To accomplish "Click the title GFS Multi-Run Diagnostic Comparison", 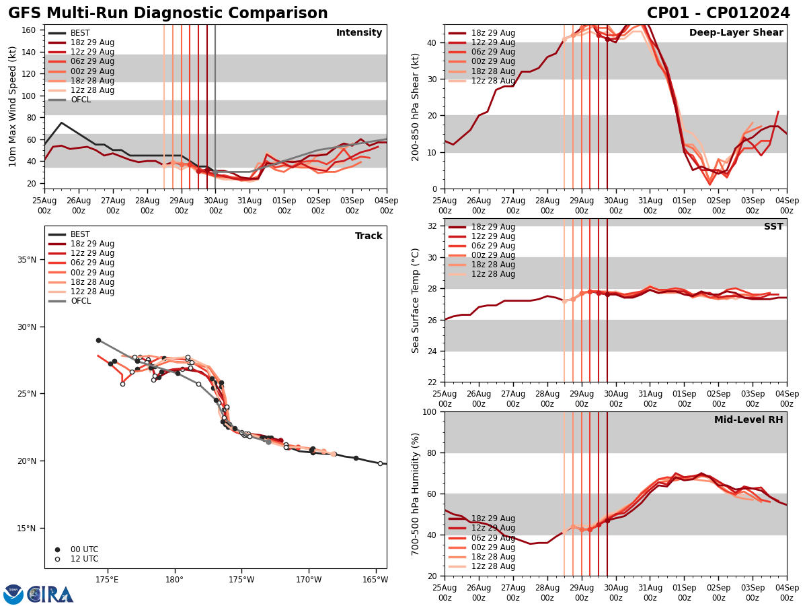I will [168, 13].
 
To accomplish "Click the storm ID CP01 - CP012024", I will [718, 13].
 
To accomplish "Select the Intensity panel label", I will [359, 33].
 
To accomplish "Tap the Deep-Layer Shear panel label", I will [736, 33].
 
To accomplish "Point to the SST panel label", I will [773, 227].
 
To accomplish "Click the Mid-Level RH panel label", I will [748, 420].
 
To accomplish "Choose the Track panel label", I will [369, 236].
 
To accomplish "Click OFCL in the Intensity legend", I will [81, 100].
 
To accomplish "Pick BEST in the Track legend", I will [80, 234].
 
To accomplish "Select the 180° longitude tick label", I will [174, 579].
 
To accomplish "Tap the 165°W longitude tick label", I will [375, 579].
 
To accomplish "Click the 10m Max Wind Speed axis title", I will [12, 106].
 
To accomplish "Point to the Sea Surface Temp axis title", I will [416, 300].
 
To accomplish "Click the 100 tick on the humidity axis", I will [430, 411].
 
